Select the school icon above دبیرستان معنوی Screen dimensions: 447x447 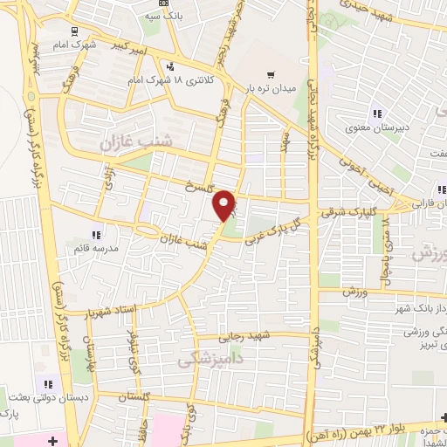[x=377, y=113]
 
